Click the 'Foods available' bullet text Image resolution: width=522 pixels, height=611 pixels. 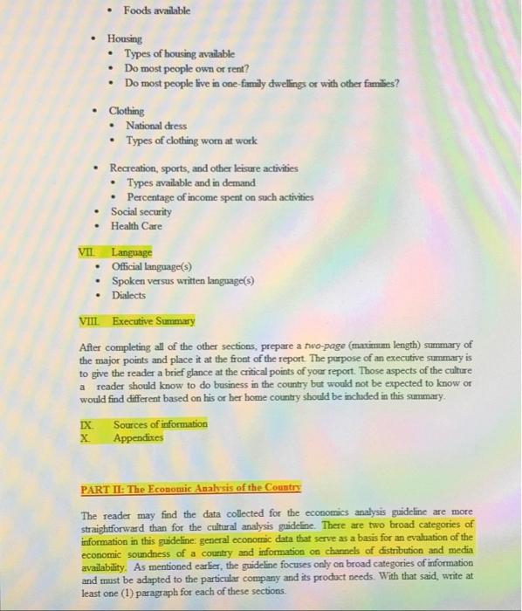tap(156, 10)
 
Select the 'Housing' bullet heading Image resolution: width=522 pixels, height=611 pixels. tap(125, 39)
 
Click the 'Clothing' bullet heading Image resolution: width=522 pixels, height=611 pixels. tap(127, 111)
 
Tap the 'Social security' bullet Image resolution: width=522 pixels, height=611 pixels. tap(141, 211)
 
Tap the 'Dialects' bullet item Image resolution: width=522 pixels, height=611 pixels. tap(130, 295)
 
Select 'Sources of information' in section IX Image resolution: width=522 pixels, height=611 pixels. tap(160, 423)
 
